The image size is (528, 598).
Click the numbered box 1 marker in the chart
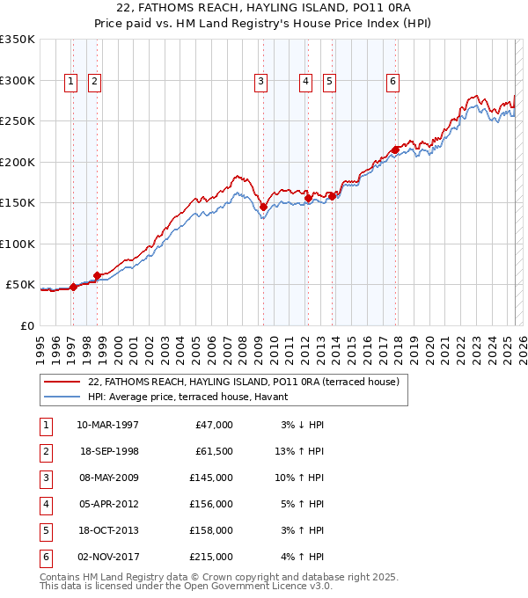click(70, 82)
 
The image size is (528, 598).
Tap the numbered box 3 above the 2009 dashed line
click(261, 82)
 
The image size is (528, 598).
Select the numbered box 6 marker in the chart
click(392, 82)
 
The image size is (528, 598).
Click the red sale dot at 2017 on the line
click(395, 150)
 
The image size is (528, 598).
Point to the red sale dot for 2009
click(263, 208)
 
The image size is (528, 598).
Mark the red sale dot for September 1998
click(97, 275)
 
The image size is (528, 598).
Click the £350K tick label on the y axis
click(17, 40)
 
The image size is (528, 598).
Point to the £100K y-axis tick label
click(17, 244)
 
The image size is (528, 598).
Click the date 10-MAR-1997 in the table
click(107, 425)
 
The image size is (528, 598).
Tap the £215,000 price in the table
click(210, 557)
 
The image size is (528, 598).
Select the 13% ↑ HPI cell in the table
click(299, 451)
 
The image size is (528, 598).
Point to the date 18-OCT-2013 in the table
click(107, 530)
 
